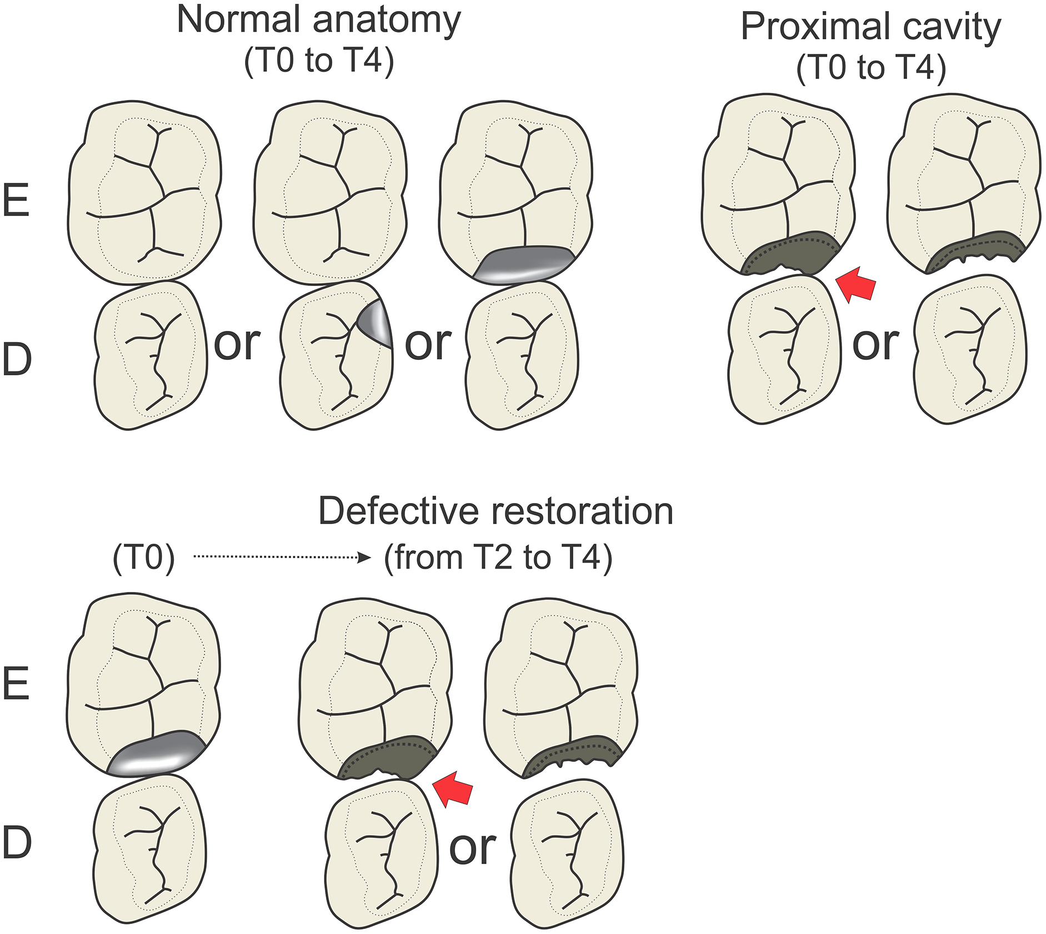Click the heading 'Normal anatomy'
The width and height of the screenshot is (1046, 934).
(x=318, y=20)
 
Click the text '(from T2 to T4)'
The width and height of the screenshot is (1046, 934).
(x=498, y=558)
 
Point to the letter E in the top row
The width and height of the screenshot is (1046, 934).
(x=16, y=200)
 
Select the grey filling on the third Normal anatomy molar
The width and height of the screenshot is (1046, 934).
(x=525, y=265)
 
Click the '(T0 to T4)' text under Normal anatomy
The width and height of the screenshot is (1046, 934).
(x=318, y=61)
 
